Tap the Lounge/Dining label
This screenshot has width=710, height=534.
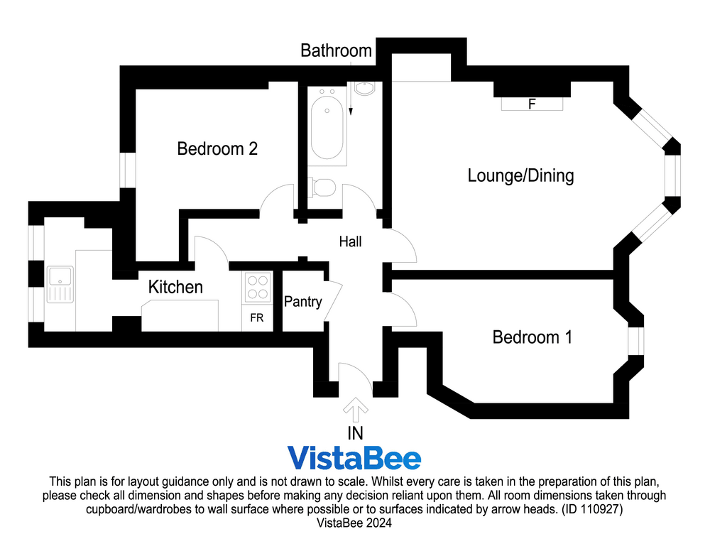(520, 175)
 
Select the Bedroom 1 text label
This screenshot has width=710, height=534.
(532, 337)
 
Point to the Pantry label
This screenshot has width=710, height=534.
(302, 302)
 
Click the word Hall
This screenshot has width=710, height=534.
(350, 242)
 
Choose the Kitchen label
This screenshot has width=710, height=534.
(175, 288)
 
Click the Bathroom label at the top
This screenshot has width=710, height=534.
(336, 51)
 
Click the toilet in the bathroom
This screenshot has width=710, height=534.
(324, 188)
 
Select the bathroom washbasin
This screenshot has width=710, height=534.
(364, 89)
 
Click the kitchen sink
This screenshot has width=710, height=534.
(60, 284)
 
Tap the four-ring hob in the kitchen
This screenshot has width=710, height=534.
(256, 288)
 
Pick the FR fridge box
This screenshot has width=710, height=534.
(256, 318)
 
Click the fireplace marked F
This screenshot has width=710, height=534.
(532, 104)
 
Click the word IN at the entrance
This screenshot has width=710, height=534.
(355, 433)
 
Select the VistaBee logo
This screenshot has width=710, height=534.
(354, 459)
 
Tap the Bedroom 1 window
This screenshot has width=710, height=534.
(635, 340)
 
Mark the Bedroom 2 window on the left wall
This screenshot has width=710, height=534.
(127, 170)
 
